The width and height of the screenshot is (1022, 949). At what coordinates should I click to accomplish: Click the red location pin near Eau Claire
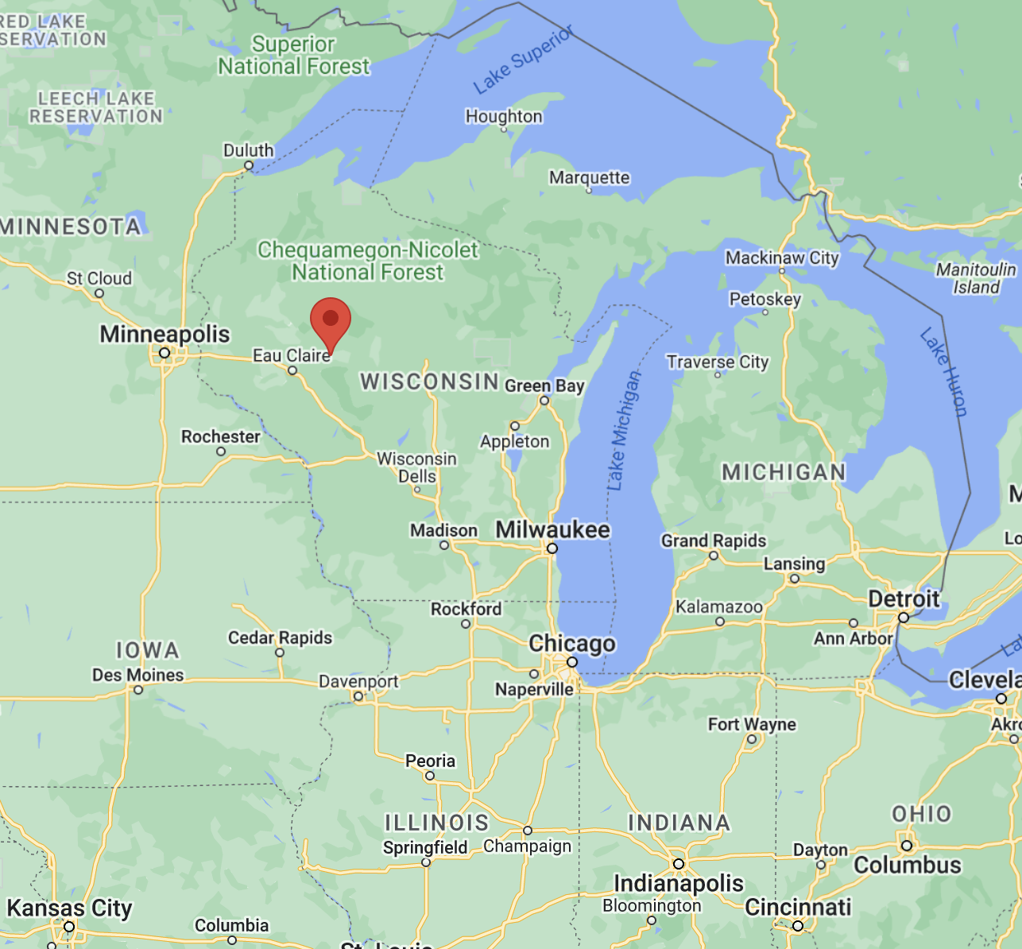pyautogui.click(x=331, y=320)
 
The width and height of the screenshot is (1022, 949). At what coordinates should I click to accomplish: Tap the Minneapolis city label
pyautogui.click(x=165, y=335)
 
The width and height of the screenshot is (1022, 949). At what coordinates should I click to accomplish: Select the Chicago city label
pyautogui.click(x=572, y=643)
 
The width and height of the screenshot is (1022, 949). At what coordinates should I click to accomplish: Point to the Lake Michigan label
pyautogui.click(x=623, y=430)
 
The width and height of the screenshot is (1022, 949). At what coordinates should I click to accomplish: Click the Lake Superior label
pyautogui.click(x=523, y=60)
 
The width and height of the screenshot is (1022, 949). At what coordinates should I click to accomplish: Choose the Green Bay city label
pyautogui.click(x=544, y=386)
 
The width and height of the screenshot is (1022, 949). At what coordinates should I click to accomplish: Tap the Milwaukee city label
pyautogui.click(x=552, y=530)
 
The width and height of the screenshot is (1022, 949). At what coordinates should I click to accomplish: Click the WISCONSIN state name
pyautogui.click(x=429, y=382)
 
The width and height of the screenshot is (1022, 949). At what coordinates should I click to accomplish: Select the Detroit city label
pyautogui.click(x=904, y=598)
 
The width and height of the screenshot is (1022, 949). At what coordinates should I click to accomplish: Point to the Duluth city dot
pyautogui.click(x=249, y=166)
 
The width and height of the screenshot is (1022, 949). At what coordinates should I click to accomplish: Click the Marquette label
pyautogui.click(x=589, y=177)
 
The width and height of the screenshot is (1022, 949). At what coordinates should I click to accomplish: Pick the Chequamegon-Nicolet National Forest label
pyautogui.click(x=368, y=261)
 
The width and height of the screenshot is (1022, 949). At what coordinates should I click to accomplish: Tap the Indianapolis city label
pyautogui.click(x=679, y=883)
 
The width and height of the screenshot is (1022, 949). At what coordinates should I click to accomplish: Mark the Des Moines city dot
pyautogui.click(x=138, y=690)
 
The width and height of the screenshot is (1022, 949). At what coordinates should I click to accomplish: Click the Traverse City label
pyautogui.click(x=718, y=362)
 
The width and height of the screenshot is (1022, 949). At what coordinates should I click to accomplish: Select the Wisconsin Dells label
pyautogui.click(x=416, y=467)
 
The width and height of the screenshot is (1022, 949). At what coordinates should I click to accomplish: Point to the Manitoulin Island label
pyautogui.click(x=976, y=278)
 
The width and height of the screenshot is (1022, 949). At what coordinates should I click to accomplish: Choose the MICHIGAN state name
pyautogui.click(x=784, y=472)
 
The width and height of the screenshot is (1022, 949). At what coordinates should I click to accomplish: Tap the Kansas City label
pyautogui.click(x=69, y=908)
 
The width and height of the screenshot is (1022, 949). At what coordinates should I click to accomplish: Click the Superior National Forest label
pyautogui.click(x=294, y=55)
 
